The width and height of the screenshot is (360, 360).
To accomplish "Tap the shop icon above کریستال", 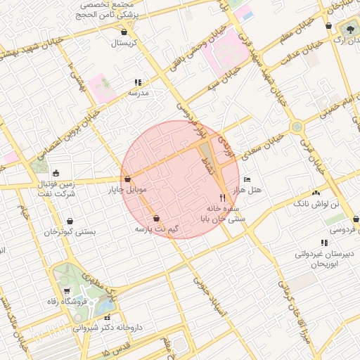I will (124, 32).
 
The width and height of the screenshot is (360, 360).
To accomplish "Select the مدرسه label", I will (138, 92).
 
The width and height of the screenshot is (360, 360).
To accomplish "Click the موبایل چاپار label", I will (127, 190).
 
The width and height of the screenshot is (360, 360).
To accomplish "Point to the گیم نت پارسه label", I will (156, 229).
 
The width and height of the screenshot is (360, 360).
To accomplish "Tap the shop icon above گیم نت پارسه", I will (156, 219).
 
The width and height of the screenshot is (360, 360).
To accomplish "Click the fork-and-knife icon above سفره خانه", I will (223, 198).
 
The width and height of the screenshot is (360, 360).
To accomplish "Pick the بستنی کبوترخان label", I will (70, 231).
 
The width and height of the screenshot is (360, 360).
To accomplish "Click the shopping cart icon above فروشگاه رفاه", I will (67, 290).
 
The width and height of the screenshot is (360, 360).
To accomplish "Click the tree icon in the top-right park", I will (349, 29).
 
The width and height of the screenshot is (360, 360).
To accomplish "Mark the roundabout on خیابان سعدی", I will (297, 127).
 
